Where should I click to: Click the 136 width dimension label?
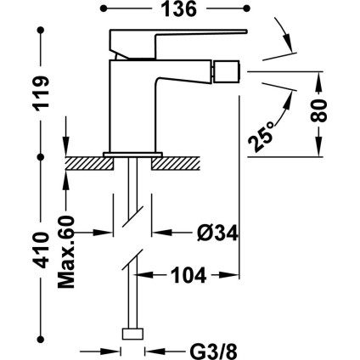coord(178,8)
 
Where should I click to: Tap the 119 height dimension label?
coord(41,93)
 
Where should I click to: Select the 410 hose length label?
coord(41,250)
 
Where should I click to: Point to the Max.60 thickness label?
coord(66,252)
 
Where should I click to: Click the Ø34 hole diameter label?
coord(217,233)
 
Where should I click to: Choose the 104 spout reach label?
coord(188,275)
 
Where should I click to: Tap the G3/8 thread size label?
coord(213,352)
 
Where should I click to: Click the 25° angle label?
coord(260,138)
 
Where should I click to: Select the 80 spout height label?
coord(319,110)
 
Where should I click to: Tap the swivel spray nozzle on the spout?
coord(226,70)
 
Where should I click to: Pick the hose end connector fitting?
coord(132,334)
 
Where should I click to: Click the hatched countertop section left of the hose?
coord(89,164)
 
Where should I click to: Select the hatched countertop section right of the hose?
coord(176,164)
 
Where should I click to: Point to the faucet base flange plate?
coord(132,155)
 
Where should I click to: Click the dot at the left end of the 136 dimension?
coord(104,8)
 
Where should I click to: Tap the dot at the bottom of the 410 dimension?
coord(41,339)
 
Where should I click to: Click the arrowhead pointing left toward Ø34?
coord(162,233)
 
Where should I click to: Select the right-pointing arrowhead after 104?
coord(229,275)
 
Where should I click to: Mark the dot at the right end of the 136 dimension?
coord(247,8)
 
